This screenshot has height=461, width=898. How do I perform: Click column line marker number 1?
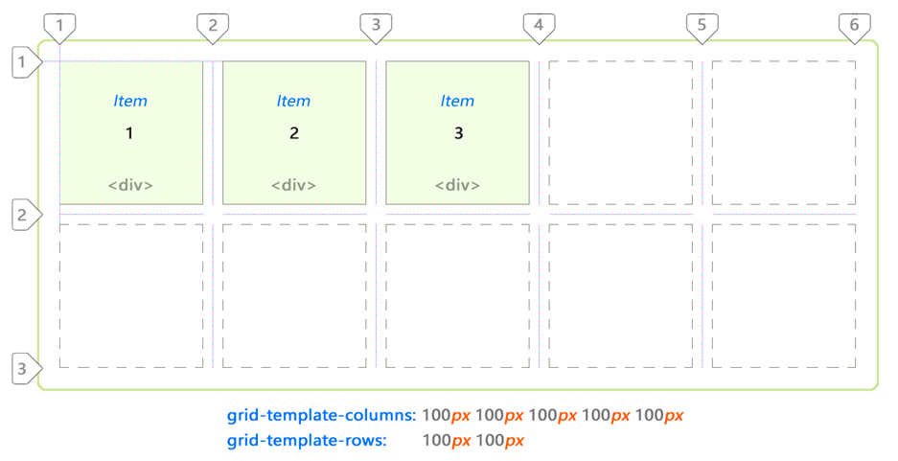point(59,27)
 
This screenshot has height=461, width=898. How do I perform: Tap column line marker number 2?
point(213,27)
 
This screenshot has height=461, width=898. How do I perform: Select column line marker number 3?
point(376,27)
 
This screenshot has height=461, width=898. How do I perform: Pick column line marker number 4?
point(539,27)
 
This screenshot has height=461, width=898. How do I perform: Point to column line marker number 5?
point(702,27)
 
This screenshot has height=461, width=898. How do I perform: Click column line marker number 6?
point(854,27)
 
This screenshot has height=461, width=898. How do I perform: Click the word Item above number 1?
point(130,101)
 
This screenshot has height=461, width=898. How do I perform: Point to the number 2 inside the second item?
point(294,133)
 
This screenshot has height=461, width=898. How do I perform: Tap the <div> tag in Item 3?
point(457,185)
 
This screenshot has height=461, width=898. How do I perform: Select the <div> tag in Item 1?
point(130,185)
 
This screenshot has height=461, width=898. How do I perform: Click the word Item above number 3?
point(457,101)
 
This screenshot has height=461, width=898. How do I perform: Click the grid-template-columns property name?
point(321,416)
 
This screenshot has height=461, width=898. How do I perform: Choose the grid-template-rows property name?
point(307,441)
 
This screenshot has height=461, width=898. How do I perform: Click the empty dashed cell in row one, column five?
point(783,133)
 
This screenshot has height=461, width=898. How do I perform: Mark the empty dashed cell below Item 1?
point(131,296)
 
